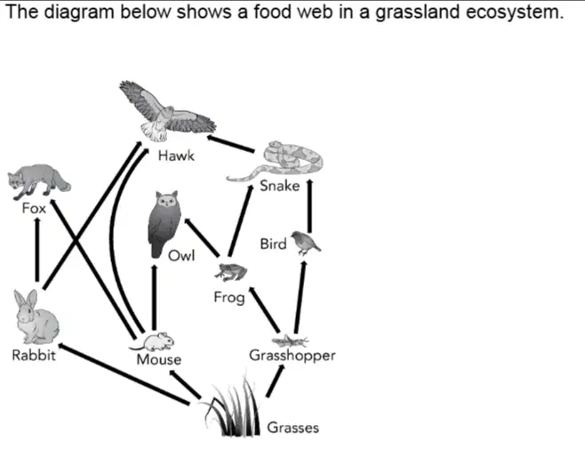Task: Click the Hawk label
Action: click(x=176, y=156)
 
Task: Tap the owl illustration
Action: click(x=164, y=224)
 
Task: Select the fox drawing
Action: click(x=39, y=181)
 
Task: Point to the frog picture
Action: click(x=230, y=272)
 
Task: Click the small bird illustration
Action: click(x=305, y=243)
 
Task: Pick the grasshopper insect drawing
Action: click(x=290, y=341)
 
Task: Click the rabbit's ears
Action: click(x=26, y=300)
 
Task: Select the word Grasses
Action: click(x=292, y=428)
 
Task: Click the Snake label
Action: click(x=280, y=186)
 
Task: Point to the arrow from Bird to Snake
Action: click(x=309, y=206)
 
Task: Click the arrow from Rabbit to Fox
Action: click(x=37, y=249)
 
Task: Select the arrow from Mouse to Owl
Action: click(x=154, y=298)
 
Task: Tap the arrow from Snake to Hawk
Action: click(x=230, y=144)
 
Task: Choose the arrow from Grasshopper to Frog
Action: click(x=264, y=309)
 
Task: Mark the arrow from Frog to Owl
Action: click(x=202, y=237)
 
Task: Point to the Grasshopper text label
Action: click(x=292, y=356)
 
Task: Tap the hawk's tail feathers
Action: click(x=153, y=132)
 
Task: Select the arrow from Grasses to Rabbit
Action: click(x=124, y=373)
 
